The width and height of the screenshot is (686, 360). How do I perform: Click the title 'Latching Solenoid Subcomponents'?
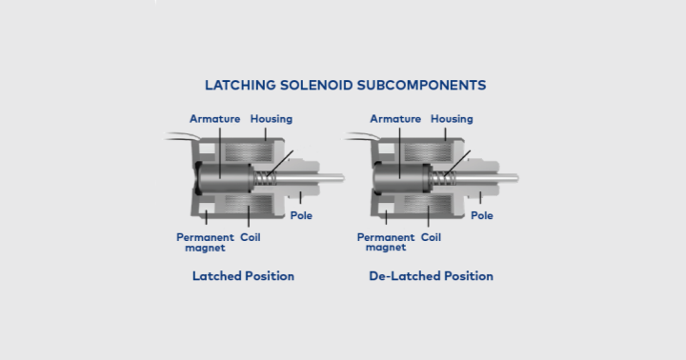[345, 85]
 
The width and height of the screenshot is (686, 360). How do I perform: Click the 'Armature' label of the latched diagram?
[214, 119]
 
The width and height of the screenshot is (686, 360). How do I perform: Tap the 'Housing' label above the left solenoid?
[272, 119]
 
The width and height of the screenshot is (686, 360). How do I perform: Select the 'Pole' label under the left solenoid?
[301, 215]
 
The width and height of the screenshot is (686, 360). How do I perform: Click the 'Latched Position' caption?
[243, 276]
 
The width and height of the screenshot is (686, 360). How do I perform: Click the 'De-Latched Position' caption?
[431, 276]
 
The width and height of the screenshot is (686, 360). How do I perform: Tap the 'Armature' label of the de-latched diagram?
[394, 119]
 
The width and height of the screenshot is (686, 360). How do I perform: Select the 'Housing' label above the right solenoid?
[452, 119]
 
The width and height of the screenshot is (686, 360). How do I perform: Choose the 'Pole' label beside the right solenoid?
[482, 215]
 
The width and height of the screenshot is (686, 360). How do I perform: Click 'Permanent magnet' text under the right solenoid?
[385, 242]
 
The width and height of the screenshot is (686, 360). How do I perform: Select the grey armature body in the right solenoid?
[400, 177]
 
